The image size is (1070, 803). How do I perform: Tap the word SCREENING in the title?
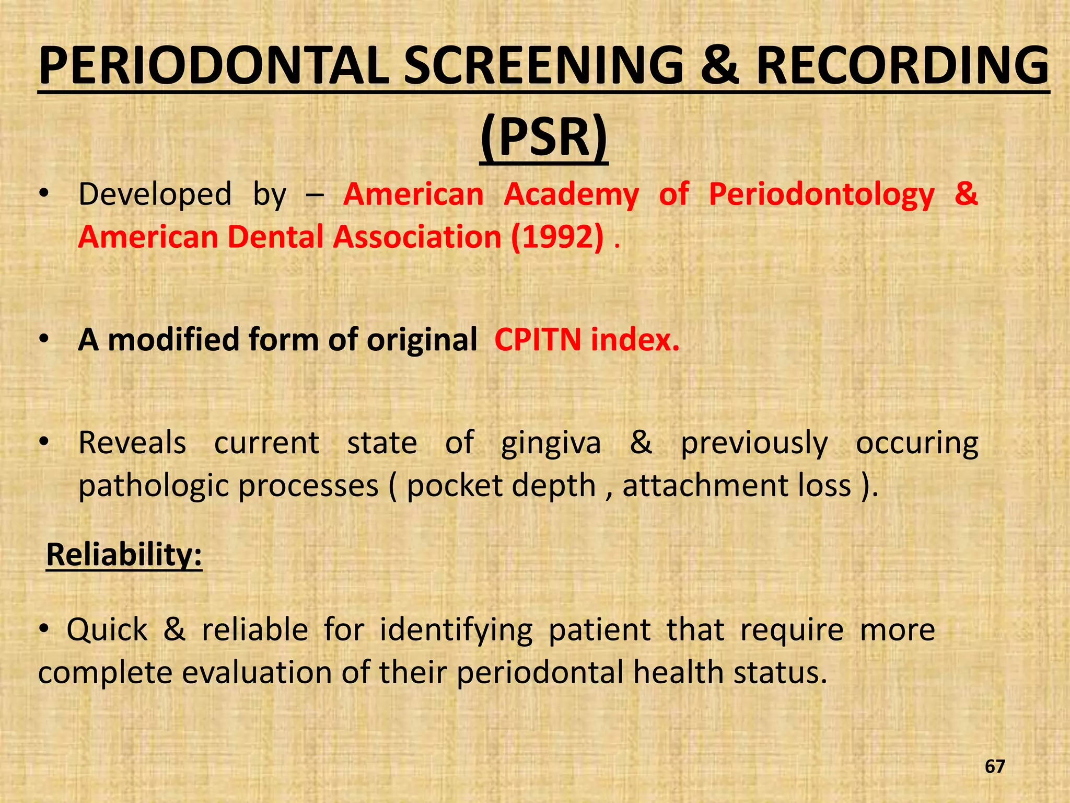(x=544, y=66)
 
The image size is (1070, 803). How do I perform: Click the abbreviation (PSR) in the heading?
(x=544, y=137)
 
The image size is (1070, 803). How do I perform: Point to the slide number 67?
(x=995, y=766)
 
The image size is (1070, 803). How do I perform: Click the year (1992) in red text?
(x=557, y=237)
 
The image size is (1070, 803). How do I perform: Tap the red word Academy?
(x=571, y=194)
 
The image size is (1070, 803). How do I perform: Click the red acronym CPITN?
(x=538, y=340)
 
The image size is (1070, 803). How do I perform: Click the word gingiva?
(x=551, y=443)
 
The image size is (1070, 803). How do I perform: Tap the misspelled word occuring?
(x=917, y=443)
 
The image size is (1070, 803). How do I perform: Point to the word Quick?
(x=107, y=629)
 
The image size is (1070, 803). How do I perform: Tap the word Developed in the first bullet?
(x=155, y=194)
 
